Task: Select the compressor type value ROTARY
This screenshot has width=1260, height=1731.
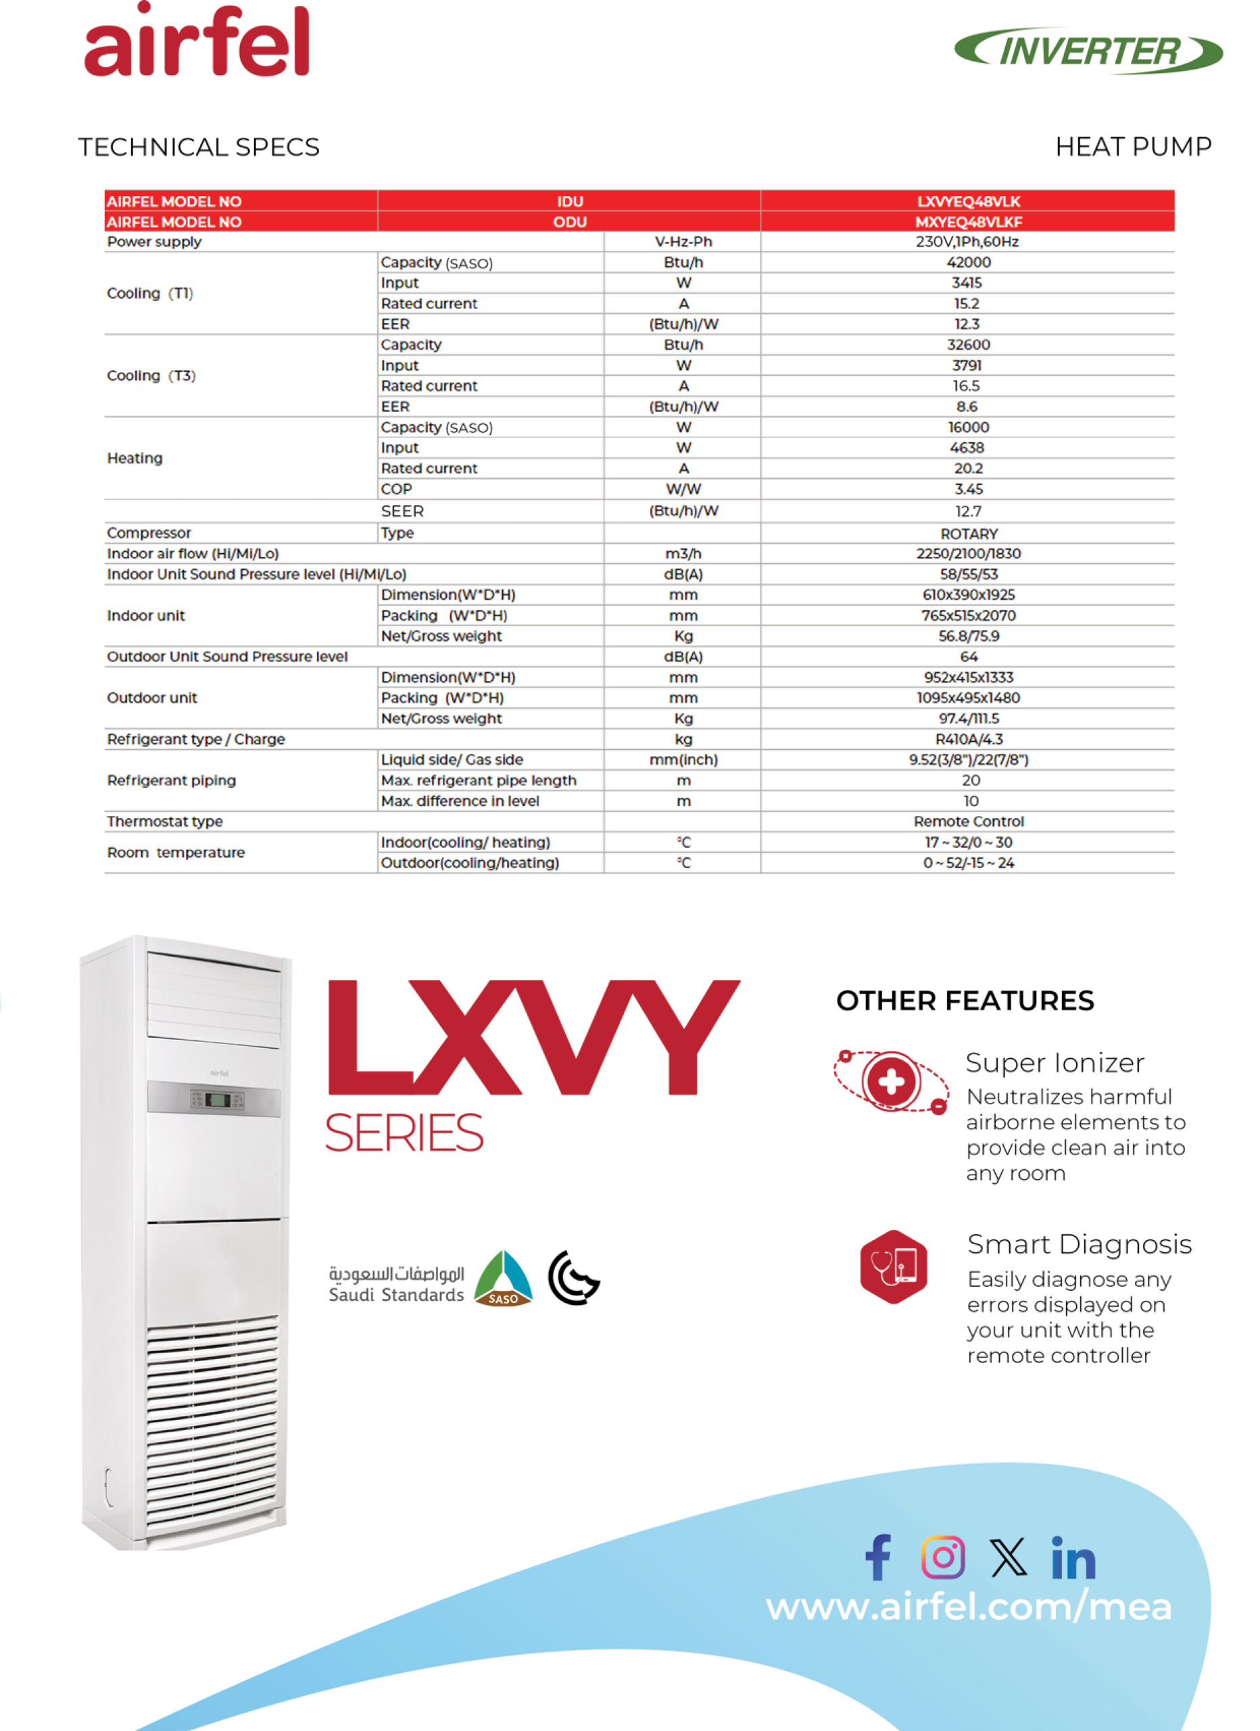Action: click(x=969, y=533)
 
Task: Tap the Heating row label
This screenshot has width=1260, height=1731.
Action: click(x=135, y=458)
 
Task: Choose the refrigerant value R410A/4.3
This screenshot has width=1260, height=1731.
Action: click(x=969, y=739)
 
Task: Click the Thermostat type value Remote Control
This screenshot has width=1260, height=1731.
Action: click(x=969, y=822)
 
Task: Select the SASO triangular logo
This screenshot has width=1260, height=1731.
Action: click(x=503, y=1280)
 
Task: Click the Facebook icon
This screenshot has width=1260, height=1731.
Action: click(x=877, y=1557)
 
